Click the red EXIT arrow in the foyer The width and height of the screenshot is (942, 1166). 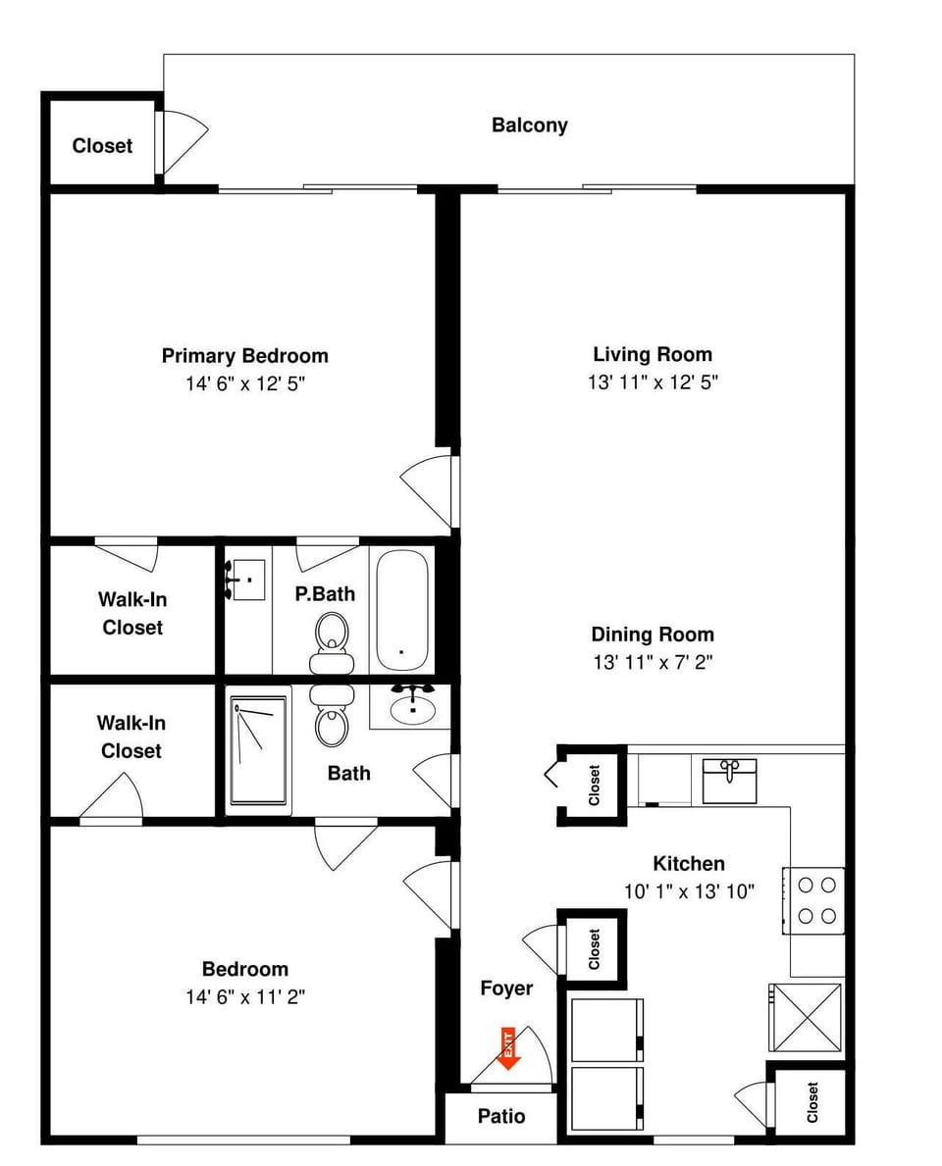508,1048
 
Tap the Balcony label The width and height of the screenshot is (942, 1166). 529,125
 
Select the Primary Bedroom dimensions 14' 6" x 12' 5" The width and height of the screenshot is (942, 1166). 245,383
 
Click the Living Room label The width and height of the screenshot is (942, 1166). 653,354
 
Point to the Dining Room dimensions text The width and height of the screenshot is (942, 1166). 653,662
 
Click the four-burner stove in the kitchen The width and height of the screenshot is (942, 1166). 813,900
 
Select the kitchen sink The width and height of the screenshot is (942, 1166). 730,780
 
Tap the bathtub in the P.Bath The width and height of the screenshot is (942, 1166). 401,610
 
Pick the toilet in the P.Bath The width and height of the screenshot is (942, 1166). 332,642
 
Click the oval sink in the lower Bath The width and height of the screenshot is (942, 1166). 412,706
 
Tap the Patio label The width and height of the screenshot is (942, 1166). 501,1116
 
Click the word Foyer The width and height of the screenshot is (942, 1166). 506,989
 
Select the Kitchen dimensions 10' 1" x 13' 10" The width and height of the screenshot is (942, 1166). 689,891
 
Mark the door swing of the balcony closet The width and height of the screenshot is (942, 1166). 183,141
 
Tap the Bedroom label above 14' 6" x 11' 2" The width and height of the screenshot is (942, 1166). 244,969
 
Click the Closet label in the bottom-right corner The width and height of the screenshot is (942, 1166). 811,1102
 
